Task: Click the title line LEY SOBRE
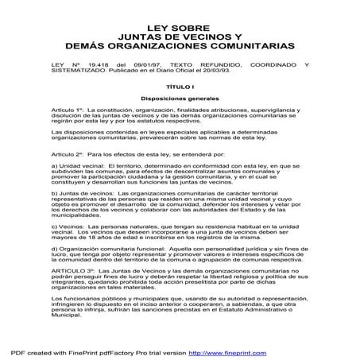179,26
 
